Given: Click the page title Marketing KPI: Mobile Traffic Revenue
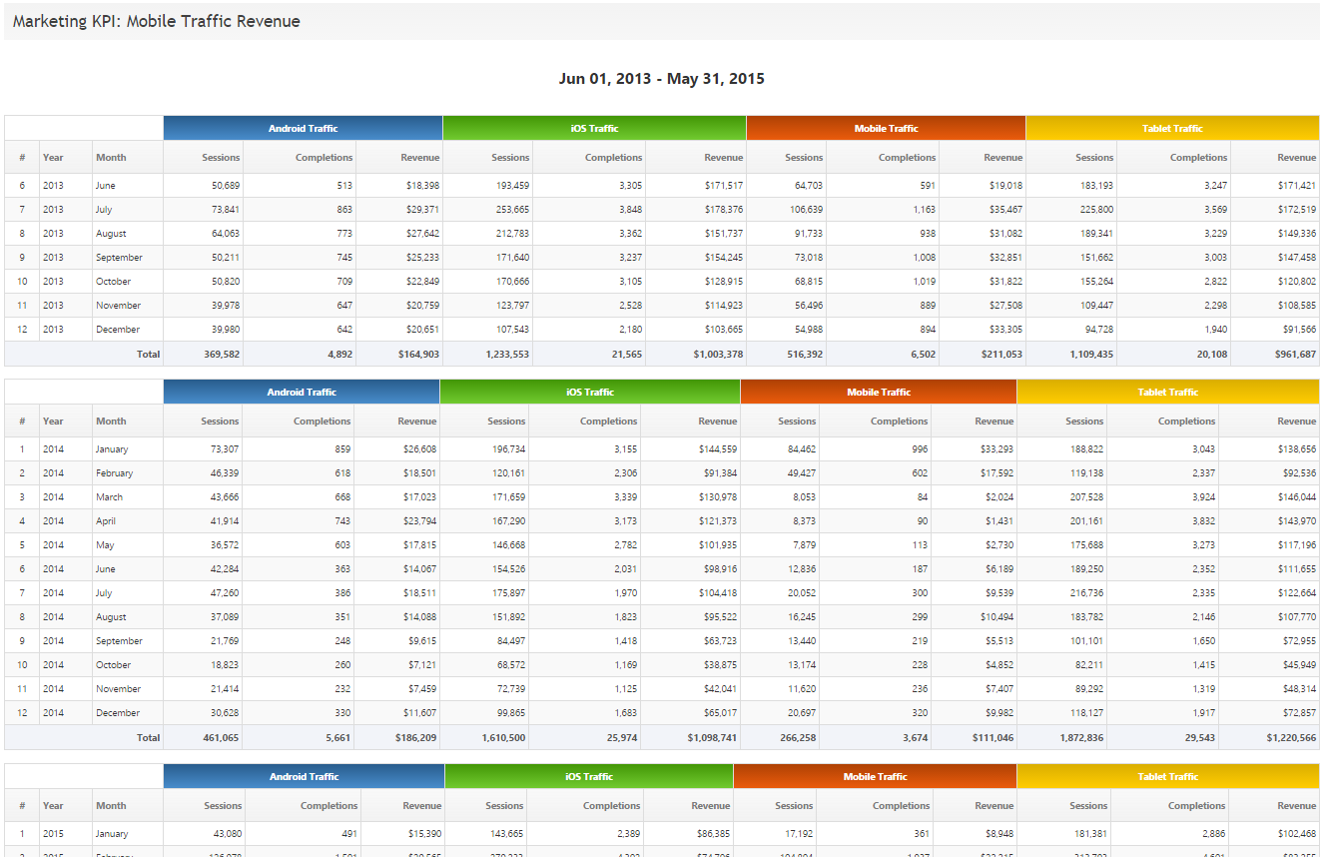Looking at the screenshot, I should click(157, 21).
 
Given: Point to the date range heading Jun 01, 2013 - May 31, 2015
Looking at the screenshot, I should click(662, 79).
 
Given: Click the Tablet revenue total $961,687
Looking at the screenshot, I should click(1289, 354).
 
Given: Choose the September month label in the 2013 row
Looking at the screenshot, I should click(119, 258).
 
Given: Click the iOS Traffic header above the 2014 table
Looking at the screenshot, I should click(590, 393).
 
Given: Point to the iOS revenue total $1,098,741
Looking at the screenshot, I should click(712, 737).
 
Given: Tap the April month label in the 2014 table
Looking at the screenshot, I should click(105, 521).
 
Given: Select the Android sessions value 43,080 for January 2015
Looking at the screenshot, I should click(222, 834).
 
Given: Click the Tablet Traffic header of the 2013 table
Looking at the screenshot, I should click(1172, 129).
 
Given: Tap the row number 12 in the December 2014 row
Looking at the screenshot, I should click(22, 713).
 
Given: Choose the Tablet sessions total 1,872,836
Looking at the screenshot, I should click(1075, 737).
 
